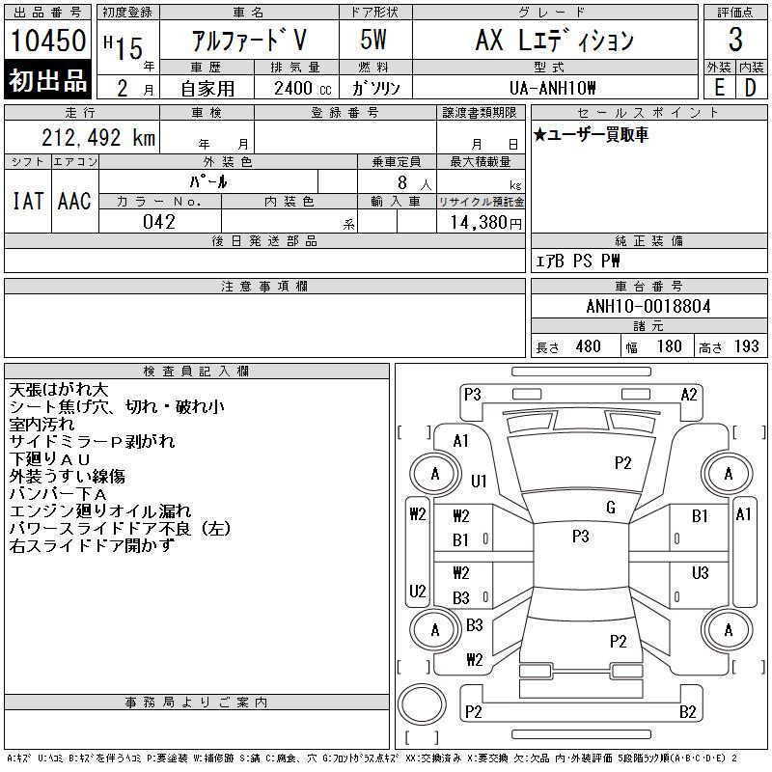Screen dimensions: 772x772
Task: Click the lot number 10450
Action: pyautogui.click(x=48, y=40)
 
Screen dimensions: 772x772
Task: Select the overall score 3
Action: pyautogui.click(x=735, y=40)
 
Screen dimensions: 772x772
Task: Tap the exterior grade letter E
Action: pyautogui.click(x=719, y=88)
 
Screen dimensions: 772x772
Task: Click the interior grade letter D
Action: pyautogui.click(x=750, y=88)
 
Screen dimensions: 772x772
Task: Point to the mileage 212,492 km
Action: pyautogui.click(x=98, y=137)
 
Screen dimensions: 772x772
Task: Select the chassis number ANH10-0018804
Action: pyautogui.click(x=648, y=306)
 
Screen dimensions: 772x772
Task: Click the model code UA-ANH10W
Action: pyautogui.click(x=552, y=88)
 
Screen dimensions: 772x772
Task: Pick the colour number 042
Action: pyautogui.click(x=159, y=222)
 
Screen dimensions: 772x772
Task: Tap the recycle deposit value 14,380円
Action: pyautogui.click(x=485, y=223)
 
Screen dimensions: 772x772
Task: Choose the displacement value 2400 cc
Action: pyautogui.click(x=303, y=88)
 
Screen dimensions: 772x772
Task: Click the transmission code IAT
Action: pyautogui.click(x=28, y=201)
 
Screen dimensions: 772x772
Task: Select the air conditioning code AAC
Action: pyautogui.click(x=74, y=201)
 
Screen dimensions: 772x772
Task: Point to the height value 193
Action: pyautogui.click(x=746, y=346)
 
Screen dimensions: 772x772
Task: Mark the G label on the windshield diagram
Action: pyautogui.click(x=611, y=508)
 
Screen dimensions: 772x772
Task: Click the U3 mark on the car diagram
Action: pyautogui.click(x=700, y=572)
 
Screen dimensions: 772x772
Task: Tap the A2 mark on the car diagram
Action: pyautogui.click(x=689, y=395)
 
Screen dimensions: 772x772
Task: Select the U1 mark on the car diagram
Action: pyautogui.click(x=479, y=481)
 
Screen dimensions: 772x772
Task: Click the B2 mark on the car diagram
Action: pyautogui.click(x=687, y=712)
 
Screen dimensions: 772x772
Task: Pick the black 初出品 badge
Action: pyautogui.click(x=47, y=80)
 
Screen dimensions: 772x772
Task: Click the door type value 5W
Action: pyautogui.click(x=373, y=40)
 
